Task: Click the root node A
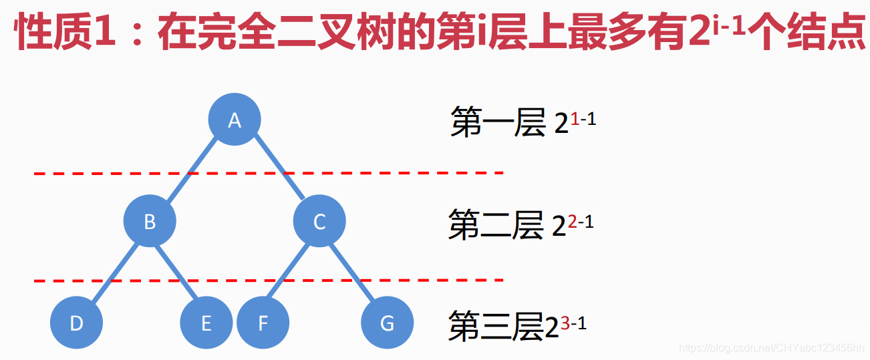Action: click(x=234, y=120)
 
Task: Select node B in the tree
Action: click(x=150, y=222)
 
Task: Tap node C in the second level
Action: click(x=319, y=222)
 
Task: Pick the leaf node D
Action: click(x=77, y=323)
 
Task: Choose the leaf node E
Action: click(x=206, y=323)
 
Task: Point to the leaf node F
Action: click(x=263, y=323)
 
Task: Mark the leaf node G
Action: click(x=387, y=323)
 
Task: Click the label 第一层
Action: click(x=498, y=123)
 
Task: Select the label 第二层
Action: click(x=496, y=224)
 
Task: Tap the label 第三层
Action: click(x=494, y=326)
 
